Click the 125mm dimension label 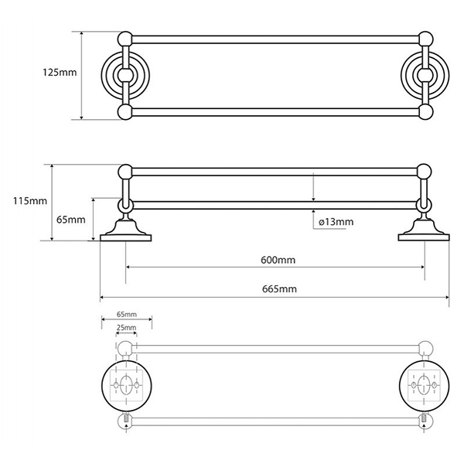(60, 73)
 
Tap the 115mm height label (30, 201)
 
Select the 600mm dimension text (278, 260)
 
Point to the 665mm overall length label (279, 288)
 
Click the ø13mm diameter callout (336, 222)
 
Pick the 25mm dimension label (126, 328)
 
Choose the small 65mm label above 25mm (127, 314)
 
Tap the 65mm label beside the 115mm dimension (71, 220)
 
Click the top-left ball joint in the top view (125, 39)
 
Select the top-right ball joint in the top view (426, 39)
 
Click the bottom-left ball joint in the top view (125, 112)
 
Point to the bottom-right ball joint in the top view (426, 112)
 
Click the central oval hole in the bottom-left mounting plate (126, 385)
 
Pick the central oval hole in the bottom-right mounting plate (424, 385)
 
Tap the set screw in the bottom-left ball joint (126, 418)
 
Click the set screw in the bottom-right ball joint (425, 418)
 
